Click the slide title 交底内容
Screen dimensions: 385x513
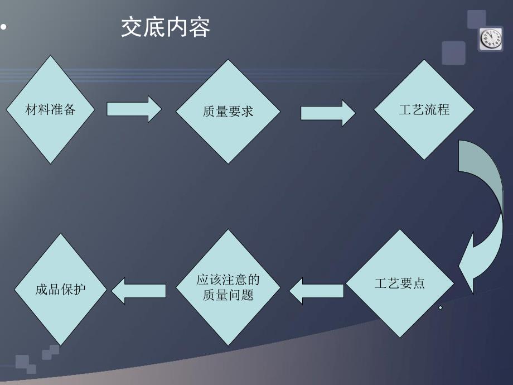[x=166, y=28]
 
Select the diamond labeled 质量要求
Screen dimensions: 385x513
[x=228, y=112]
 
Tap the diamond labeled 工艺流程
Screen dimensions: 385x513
[x=424, y=109]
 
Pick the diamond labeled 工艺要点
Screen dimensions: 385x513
[x=399, y=283]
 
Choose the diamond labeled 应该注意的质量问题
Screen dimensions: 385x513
[x=228, y=287]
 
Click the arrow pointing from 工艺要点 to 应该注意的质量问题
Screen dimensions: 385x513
[x=316, y=291]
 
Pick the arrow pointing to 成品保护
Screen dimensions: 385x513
[x=139, y=291]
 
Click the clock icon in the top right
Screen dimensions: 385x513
[x=491, y=39]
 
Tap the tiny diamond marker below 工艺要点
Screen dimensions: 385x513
[x=440, y=308]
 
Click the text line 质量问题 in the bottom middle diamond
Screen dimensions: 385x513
[x=228, y=295]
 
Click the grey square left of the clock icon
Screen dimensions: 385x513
[x=453, y=53]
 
